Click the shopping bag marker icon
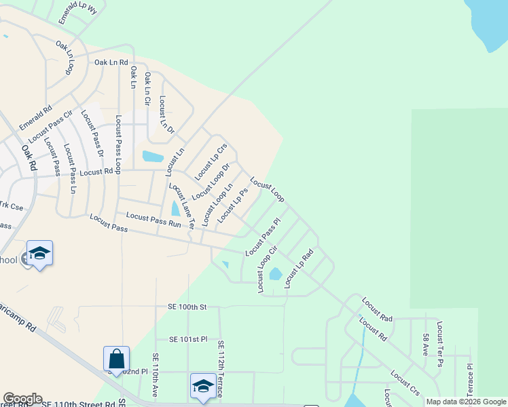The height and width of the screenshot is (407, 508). coord(116,359)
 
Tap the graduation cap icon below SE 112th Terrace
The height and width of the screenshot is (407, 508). coord(202,386)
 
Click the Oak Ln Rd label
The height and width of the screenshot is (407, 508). coord(111,62)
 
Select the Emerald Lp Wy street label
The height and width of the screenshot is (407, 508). coord(78,13)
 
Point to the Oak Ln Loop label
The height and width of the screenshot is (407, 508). coord(66,58)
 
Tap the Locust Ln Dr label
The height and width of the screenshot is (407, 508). coord(166,113)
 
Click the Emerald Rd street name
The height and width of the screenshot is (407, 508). coord(36,118)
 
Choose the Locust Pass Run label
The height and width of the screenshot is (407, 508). coord(153,220)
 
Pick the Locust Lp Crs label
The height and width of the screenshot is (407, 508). coord(211,162)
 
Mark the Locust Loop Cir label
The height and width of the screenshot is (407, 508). coord(268,269)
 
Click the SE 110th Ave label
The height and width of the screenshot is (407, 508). coord(156,374)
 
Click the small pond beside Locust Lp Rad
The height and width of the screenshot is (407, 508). coord(275,274)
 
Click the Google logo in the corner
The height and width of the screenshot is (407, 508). coord(23,399)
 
